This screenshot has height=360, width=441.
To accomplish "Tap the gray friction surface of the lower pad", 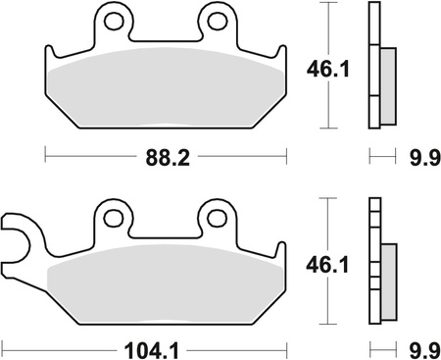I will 167,284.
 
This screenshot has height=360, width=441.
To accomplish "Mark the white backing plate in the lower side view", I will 372,265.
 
